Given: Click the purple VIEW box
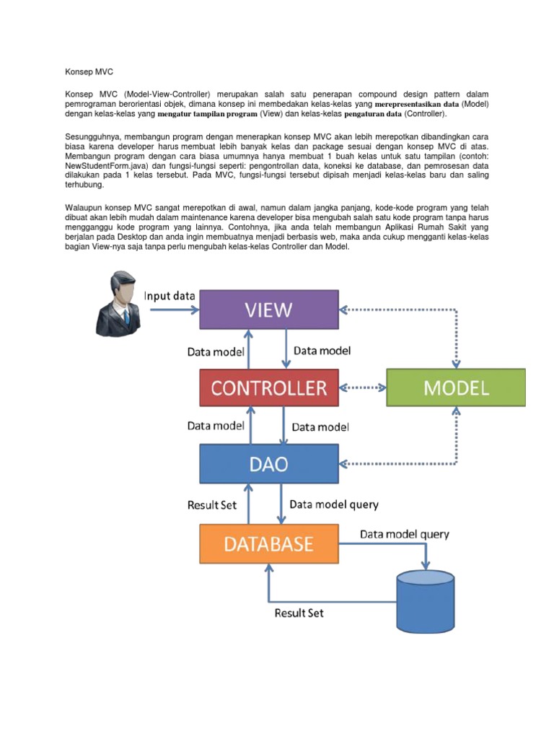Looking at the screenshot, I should pyautogui.click(x=268, y=310).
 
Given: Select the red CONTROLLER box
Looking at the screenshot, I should pyautogui.click(x=268, y=388).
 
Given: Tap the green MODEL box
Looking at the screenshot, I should pyautogui.click(x=456, y=388).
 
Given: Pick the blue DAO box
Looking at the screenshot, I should pyautogui.click(x=268, y=464).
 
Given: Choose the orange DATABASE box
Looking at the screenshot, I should pyautogui.click(x=268, y=543).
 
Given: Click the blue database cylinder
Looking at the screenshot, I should pyautogui.click(x=426, y=596).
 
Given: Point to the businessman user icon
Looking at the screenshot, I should pyautogui.click(x=121, y=302).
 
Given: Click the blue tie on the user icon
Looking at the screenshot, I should pyautogui.click(x=126, y=317).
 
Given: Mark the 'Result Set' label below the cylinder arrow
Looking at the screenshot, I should pyautogui.click(x=299, y=613).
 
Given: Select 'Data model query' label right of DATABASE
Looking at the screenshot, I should pyautogui.click(x=404, y=535).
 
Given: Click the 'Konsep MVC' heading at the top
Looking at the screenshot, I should pyautogui.click(x=89, y=73).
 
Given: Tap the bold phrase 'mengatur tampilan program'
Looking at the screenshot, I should pyautogui.click(x=207, y=114).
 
